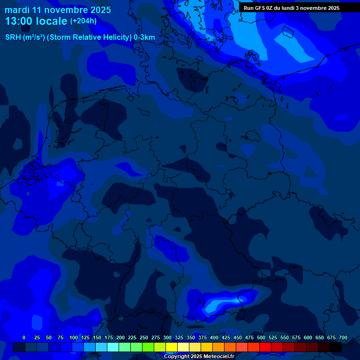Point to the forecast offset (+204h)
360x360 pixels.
pyautogui.click(x=83, y=21)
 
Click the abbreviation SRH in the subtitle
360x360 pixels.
pyautogui.click(x=13, y=37)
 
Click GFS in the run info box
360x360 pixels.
pyautogui.click(x=260, y=8)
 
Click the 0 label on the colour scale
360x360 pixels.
pyautogui.click(x=24, y=337)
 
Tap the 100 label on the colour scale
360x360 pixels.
pyautogui.click(x=74, y=337)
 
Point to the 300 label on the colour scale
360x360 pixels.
pyautogui.click(x=167, y=337)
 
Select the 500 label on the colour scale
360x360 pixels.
pyautogui.click(x=261, y=337)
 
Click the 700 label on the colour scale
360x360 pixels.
pyautogui.click(x=343, y=337)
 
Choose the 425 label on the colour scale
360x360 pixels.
pyautogui.click(x=226, y=337)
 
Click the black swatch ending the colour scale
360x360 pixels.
pyautogui.click(x=336, y=347)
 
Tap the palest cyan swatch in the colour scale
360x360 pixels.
pyautogui.click(x=113, y=347)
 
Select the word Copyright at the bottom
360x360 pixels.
pyautogui.click(x=178, y=356)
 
